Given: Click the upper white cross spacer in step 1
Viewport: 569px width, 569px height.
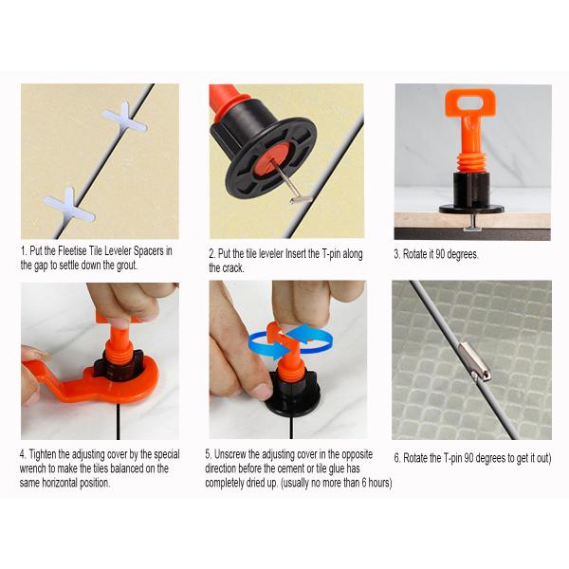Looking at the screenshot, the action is [125, 120].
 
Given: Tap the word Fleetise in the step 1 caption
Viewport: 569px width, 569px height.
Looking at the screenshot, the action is [73, 250].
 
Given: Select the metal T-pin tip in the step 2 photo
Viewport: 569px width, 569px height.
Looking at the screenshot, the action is [301, 199].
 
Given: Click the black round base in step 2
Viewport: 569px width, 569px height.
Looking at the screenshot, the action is [270, 156].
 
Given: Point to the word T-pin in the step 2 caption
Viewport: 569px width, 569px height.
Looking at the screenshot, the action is [332, 253].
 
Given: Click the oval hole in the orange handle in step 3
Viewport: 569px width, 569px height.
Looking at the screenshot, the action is [471, 102].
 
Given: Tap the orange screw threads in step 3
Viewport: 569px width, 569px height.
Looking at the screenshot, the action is [471, 163].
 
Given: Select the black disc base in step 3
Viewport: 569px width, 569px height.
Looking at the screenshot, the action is [471, 209].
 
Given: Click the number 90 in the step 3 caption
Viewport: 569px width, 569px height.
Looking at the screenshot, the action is [440, 254].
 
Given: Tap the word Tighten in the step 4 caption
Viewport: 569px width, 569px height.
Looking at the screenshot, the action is [43, 454].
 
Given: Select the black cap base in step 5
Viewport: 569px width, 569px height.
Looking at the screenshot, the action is [292, 403].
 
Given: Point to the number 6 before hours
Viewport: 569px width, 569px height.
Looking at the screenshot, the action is [364, 483].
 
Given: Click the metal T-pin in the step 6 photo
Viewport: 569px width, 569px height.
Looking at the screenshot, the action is [475, 362].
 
